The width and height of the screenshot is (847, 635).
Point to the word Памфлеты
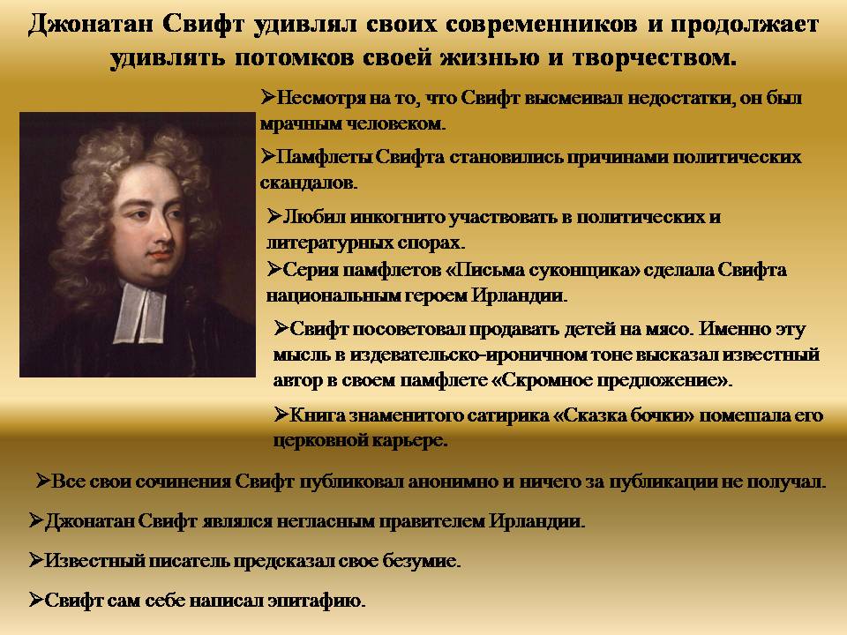[x=324, y=157]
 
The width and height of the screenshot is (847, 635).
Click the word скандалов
[x=309, y=183]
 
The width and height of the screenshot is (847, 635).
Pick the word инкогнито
[x=398, y=217]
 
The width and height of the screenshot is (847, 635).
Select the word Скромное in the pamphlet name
[x=544, y=381]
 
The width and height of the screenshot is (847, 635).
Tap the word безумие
[x=422, y=561]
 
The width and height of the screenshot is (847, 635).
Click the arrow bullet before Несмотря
[x=268, y=97]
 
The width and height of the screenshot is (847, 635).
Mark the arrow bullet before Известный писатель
[x=36, y=560]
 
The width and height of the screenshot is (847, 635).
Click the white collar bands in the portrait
[x=139, y=314]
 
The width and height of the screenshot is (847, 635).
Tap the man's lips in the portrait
[x=160, y=254]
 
